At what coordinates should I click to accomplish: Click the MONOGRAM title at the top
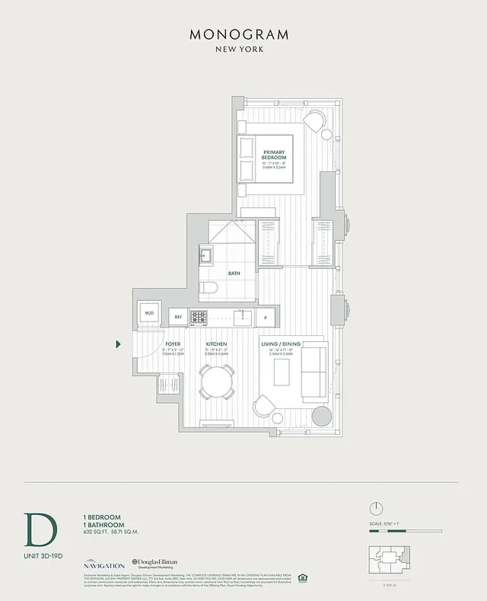239,35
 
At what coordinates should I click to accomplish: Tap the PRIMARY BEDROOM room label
274,155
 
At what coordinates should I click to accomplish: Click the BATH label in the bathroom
234,273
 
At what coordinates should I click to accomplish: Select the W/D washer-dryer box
149,313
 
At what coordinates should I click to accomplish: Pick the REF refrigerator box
178,317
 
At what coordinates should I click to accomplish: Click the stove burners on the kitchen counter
199,317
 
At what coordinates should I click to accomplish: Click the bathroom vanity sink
206,254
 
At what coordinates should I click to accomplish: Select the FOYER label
173,344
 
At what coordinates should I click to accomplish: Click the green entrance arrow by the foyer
118,344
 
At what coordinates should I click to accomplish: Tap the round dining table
216,382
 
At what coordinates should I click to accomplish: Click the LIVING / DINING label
281,344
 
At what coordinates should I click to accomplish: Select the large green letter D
40,530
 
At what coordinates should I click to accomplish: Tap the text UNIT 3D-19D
43,556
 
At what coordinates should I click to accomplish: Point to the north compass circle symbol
376,508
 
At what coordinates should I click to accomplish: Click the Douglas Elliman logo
154,563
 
